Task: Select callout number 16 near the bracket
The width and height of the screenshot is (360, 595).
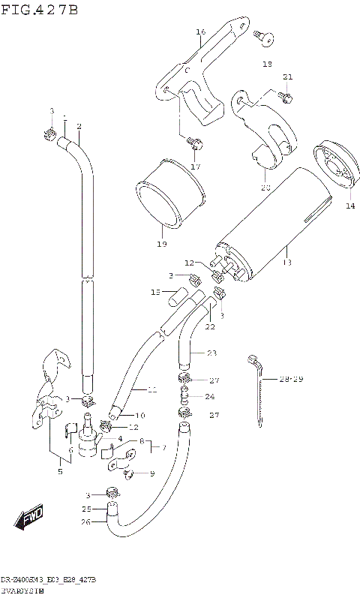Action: pos(200,32)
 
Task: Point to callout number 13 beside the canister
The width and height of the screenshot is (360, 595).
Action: pos(285,263)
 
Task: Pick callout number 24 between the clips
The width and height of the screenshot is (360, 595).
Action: pos(211,397)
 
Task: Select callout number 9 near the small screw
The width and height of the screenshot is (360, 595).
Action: pos(152,473)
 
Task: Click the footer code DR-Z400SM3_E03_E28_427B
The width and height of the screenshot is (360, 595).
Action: pos(48,581)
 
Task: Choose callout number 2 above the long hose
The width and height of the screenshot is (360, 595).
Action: pos(79,125)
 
